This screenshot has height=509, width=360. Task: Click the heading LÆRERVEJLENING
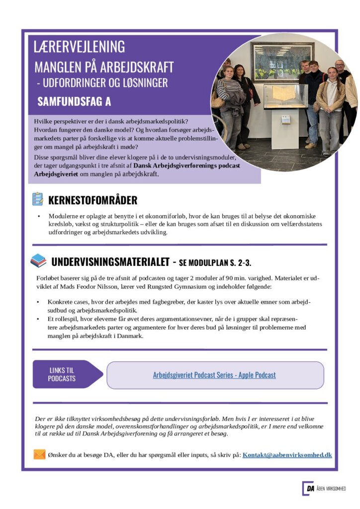click(x=79, y=46)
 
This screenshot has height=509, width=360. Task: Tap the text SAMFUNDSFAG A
click(x=74, y=102)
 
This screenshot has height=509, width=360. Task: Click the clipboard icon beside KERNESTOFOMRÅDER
click(x=37, y=199)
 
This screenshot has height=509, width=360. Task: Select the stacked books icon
click(x=38, y=260)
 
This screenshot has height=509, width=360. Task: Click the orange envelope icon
click(x=39, y=454)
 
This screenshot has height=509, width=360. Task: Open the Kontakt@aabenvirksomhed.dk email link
click(x=287, y=455)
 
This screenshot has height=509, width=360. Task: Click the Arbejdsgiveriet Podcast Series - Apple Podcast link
click(x=214, y=375)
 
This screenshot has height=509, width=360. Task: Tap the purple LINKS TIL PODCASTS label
click(x=62, y=374)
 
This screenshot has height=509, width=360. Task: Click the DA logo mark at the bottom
click(x=308, y=488)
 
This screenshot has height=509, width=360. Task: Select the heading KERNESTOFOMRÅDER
click(x=92, y=200)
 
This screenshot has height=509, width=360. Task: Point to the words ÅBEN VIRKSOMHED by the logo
click(x=332, y=489)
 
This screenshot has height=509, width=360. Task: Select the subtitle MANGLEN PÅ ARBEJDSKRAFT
click(x=104, y=67)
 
